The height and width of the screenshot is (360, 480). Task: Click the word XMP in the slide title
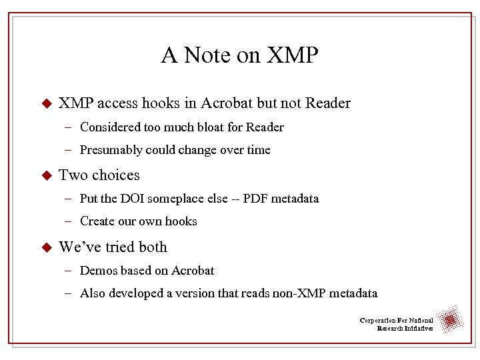(292, 55)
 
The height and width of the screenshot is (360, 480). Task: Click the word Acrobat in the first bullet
(226, 103)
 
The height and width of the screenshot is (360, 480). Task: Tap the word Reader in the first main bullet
(328, 103)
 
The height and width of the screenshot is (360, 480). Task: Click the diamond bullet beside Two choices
(46, 176)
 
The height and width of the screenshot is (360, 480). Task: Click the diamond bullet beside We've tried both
(46, 248)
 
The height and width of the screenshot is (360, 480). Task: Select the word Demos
(99, 271)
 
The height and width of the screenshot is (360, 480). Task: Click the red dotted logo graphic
(451, 321)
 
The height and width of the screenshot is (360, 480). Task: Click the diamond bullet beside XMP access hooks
(46, 105)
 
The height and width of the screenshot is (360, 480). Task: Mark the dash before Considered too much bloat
(69, 127)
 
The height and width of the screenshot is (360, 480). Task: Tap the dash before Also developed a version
(69, 293)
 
